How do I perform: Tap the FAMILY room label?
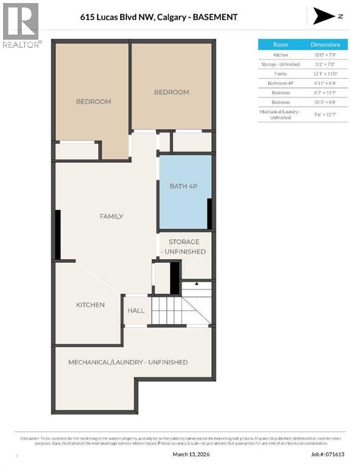click(x=112, y=216)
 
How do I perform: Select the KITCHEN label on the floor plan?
click(x=90, y=305)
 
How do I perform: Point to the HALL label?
click(x=136, y=311)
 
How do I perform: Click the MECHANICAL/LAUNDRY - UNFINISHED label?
click(x=127, y=362)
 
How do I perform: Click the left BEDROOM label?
click(x=93, y=101)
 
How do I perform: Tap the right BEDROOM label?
click(x=171, y=92)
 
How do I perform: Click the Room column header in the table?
click(x=280, y=44)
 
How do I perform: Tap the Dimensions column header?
click(x=325, y=44)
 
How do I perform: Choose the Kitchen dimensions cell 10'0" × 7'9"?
click(x=325, y=55)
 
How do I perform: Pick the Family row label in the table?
click(x=280, y=73)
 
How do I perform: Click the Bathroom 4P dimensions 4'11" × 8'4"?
click(x=325, y=83)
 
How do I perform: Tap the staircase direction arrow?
click(x=197, y=283)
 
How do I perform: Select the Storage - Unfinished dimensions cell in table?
click(x=325, y=64)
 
